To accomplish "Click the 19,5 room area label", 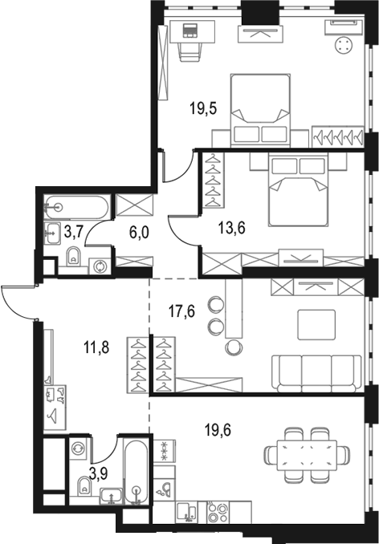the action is [x=203, y=108].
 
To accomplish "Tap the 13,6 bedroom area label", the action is [x=232, y=229].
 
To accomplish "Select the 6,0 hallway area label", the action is [x=139, y=233].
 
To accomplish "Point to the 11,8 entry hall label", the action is [x=96, y=347].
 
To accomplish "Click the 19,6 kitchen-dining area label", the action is [x=218, y=431].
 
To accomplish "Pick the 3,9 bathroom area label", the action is [x=99, y=473].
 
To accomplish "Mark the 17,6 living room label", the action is [x=181, y=311].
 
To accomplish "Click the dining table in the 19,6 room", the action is [x=307, y=455].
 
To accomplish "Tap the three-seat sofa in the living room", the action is [x=316, y=373].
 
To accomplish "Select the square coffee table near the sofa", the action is [x=316, y=325].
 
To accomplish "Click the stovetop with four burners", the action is [x=218, y=512].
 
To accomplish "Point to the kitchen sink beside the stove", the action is [x=187, y=512].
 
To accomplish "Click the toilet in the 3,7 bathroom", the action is [x=73, y=256].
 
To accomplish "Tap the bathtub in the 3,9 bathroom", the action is [x=137, y=472].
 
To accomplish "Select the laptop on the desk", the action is [x=189, y=30].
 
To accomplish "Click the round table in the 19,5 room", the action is [x=344, y=45].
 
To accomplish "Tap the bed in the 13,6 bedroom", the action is [x=298, y=191].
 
